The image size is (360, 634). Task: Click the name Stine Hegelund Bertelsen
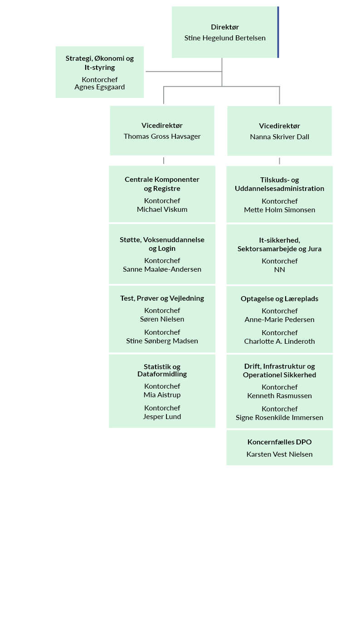pos(225,38)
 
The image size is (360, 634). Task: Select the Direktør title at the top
pos(225,27)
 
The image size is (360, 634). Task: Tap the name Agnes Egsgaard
pos(100,87)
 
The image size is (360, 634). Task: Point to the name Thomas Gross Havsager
pos(162,137)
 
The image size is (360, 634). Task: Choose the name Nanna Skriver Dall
pos(280,137)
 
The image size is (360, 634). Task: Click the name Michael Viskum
pos(162,210)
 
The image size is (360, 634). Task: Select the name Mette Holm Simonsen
pos(280,210)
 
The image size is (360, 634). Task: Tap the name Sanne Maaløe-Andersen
pos(162,269)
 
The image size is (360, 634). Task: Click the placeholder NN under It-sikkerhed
pos(280,270)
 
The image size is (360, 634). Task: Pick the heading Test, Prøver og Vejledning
pos(162,298)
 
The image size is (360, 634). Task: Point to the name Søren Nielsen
pos(162,319)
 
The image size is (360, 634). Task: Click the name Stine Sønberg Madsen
pos(162,341)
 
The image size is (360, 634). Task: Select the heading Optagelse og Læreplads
pos(280,299)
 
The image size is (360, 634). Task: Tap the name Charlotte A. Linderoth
pos(280,341)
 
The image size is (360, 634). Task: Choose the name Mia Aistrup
pos(162,395)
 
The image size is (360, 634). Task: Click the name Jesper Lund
pos(162,417)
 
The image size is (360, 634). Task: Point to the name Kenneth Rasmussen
pos(280,396)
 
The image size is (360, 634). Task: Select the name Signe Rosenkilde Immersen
pos(280,418)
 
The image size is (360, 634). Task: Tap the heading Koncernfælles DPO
pos(280,442)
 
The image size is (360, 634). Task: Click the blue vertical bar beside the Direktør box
pos(278,32)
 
